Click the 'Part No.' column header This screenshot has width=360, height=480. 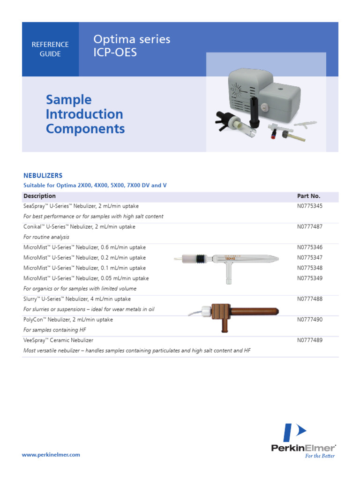[308, 196]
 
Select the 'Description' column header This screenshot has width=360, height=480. [39, 196]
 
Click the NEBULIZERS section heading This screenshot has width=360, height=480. [43, 175]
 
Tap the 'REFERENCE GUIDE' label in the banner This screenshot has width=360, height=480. [50, 49]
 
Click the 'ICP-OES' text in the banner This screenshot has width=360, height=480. [115, 52]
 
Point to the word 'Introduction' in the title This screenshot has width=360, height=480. [84, 114]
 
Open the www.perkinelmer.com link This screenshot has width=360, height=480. [52, 455]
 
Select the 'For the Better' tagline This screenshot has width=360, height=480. [320, 456]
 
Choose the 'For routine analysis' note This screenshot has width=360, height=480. [46, 237]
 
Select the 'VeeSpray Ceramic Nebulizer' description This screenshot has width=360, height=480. [58, 340]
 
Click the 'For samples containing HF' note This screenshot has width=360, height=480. [55, 330]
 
